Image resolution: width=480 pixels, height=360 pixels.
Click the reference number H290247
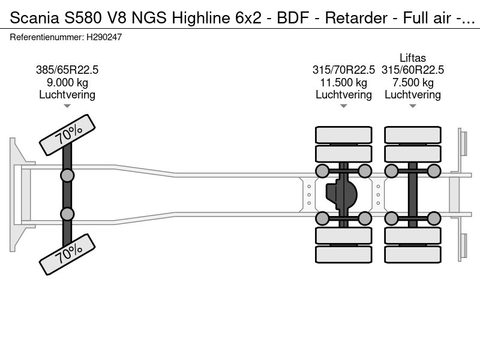[x=104, y=37]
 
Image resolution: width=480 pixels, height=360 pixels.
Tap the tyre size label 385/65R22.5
[x=67, y=70]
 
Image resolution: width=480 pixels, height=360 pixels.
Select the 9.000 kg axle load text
[x=67, y=82]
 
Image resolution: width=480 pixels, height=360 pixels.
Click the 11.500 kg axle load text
[x=344, y=82]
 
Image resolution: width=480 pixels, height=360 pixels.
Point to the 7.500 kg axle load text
[x=413, y=82]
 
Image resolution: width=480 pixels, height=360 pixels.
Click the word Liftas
[x=413, y=58]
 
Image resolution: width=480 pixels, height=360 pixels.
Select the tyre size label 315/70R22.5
[x=344, y=70]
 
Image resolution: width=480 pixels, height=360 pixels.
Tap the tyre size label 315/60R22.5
[x=413, y=70]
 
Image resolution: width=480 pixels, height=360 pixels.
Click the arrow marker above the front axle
[x=67, y=106]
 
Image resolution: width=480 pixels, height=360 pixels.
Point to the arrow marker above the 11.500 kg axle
[x=344, y=106]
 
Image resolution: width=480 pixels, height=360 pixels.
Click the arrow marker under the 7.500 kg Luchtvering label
[x=413, y=106]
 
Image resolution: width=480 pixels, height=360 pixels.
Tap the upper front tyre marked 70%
[x=67, y=136]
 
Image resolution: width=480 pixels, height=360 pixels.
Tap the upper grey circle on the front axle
[x=67, y=175]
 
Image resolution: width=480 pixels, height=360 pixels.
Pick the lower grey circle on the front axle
[x=67, y=214]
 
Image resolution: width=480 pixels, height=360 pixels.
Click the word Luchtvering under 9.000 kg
[x=67, y=94]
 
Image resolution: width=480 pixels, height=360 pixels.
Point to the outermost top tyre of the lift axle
[x=413, y=134]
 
